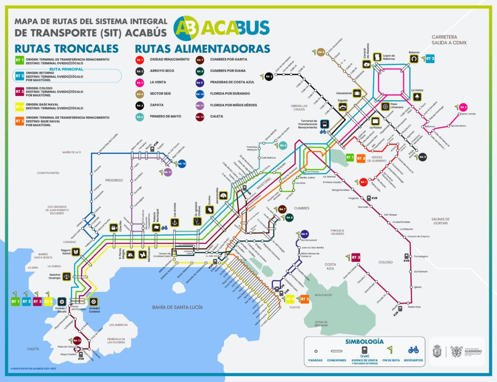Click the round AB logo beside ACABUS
tap(186, 27)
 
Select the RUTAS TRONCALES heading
tap(66, 49)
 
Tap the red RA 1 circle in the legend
tap(140, 60)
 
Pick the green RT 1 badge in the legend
tap(20, 60)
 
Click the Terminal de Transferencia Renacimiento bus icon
tap(324, 124)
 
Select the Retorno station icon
tap(414, 59)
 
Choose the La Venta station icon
tap(417, 97)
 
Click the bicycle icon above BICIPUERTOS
tap(413, 350)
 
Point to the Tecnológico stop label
tap(421, 256)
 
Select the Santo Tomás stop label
tap(467, 114)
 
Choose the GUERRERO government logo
tap(465, 350)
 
